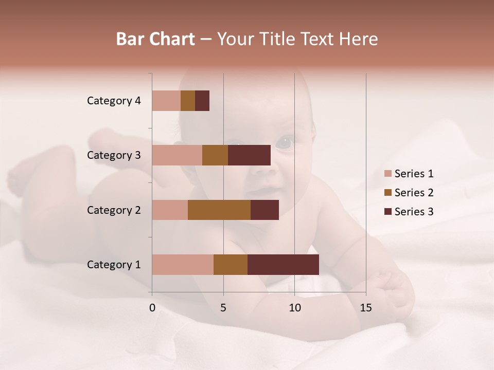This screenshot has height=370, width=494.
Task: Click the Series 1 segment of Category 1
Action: point(183,265)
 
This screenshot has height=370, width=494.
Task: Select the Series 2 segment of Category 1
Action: point(231,265)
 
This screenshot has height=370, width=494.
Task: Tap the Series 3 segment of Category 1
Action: point(283,265)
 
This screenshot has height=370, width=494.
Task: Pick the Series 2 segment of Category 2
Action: point(219,210)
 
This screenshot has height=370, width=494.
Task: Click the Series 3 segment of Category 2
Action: point(264,210)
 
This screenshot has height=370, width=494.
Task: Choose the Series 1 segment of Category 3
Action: point(177,155)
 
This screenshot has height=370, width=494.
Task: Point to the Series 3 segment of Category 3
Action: point(249,155)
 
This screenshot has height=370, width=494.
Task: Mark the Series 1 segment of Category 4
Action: point(166,101)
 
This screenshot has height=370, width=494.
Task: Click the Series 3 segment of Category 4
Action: point(202,101)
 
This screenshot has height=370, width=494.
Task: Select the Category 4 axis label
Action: point(114,101)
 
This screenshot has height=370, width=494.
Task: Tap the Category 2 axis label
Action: point(114,210)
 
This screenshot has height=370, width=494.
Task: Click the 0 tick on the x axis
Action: point(152,308)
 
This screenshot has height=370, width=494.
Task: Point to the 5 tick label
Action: point(223,308)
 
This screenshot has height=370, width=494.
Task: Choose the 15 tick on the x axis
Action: point(365,308)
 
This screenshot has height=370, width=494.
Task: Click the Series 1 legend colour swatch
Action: point(388,174)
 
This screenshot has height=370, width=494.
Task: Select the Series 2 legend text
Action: point(414,193)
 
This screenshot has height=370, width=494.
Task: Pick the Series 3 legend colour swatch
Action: point(388,212)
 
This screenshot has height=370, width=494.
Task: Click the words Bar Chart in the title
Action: point(155,39)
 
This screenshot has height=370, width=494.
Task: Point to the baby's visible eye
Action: point(284,142)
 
